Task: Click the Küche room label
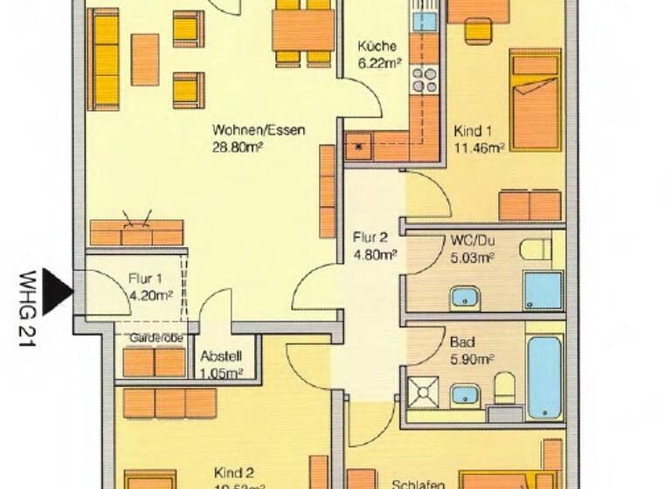coord(377,47)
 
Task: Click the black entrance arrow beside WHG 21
coord(57,291)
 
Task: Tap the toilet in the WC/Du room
coord(535,250)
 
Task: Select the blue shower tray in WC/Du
coord(543,290)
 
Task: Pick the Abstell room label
coord(220,356)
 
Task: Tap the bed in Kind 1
coord(536,100)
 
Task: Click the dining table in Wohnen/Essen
coord(303,31)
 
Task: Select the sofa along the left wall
coord(105,59)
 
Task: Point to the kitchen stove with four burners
coord(425,79)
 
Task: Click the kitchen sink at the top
coord(425,20)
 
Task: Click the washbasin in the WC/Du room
coord(467,298)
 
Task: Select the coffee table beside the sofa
coord(145,59)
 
